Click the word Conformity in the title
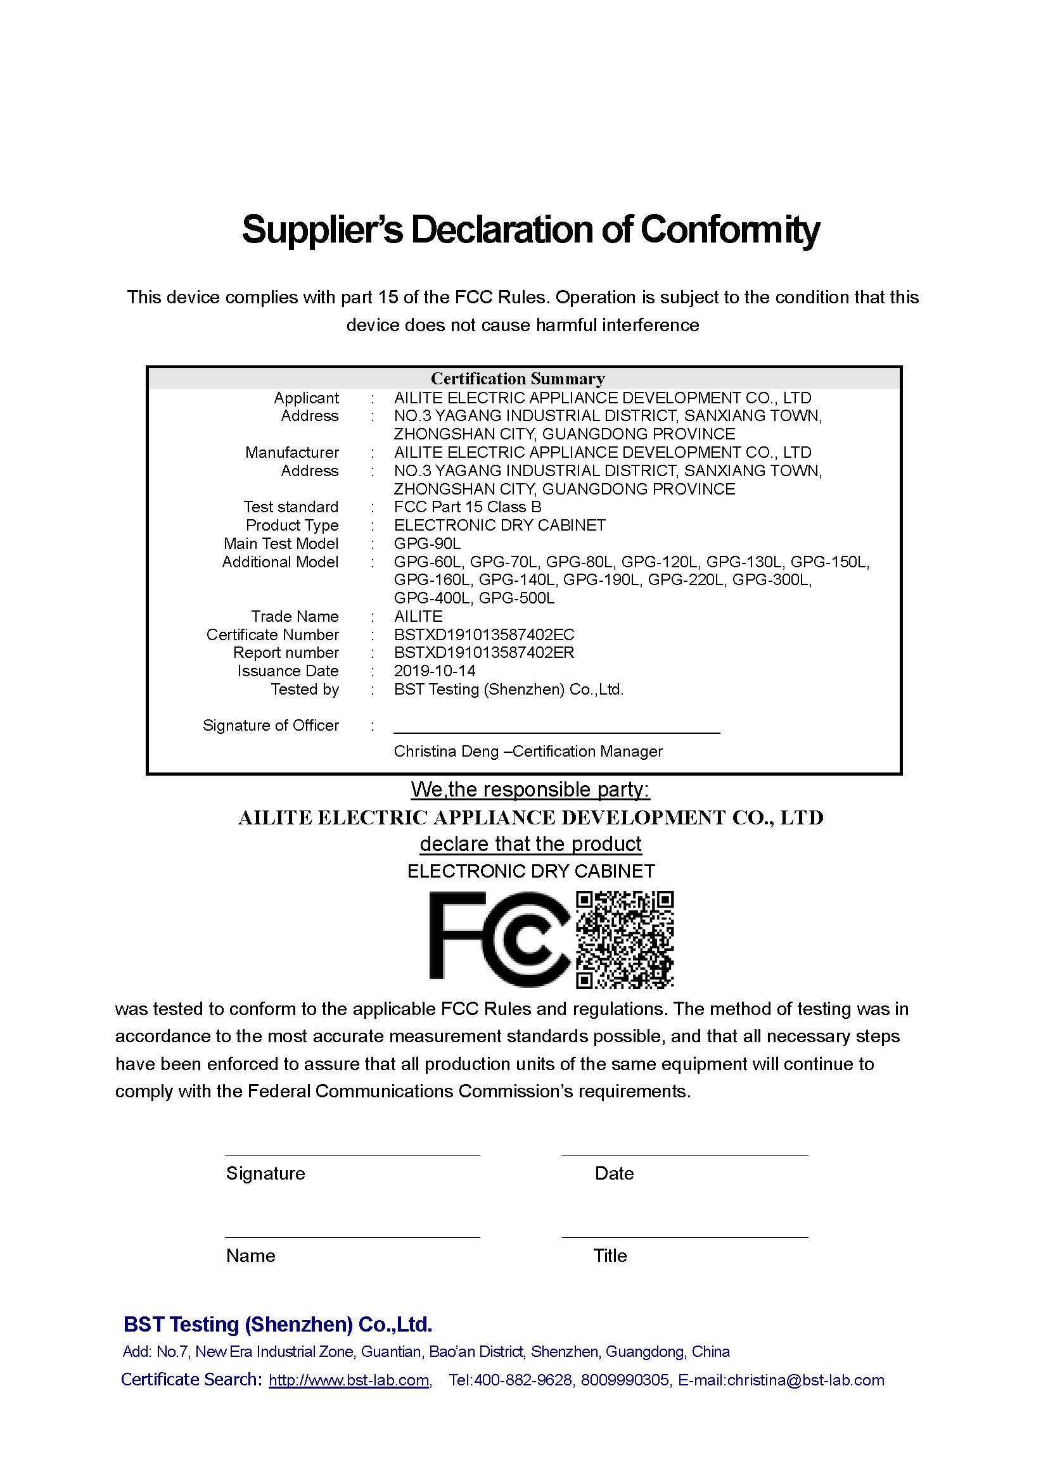coord(730,230)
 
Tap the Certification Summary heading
coord(518,379)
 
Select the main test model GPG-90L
coord(427,544)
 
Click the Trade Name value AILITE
coord(418,617)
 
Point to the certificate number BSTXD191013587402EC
coord(484,634)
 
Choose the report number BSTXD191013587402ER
coord(484,653)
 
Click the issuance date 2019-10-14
coord(435,671)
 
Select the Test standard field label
coord(291,507)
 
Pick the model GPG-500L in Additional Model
coord(517,598)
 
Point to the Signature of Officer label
coord(271,726)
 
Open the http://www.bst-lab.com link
coord(349,1380)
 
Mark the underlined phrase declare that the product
coord(530,843)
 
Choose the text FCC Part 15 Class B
coord(468,507)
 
